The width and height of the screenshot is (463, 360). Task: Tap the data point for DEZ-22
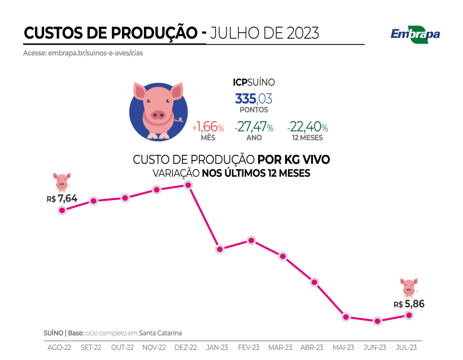pos(189,185)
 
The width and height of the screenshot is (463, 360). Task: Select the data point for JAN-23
pos(220,249)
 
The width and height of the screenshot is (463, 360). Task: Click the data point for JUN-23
pos(377,321)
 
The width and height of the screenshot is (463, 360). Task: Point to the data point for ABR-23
pos(315,282)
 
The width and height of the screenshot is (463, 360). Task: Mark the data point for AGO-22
pos(63,210)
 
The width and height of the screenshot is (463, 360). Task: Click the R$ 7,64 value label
pos(62,198)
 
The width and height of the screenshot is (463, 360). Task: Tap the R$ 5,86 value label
pos(409,303)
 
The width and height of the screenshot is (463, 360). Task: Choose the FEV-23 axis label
pos(248,347)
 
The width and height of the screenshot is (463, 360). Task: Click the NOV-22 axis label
pos(154,347)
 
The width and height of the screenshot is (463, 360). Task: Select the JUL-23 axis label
pos(405,347)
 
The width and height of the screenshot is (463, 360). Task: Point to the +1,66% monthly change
pos(208,127)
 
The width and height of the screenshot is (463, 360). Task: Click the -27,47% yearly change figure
pos(254,127)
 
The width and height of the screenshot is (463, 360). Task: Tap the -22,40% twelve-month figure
pos(307,127)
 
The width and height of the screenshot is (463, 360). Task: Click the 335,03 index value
pos(254,98)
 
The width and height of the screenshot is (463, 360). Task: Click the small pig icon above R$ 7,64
pos(62,182)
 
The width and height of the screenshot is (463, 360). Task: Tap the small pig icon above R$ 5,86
pos(409,287)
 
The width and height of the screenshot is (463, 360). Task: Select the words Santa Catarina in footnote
pos(160,333)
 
